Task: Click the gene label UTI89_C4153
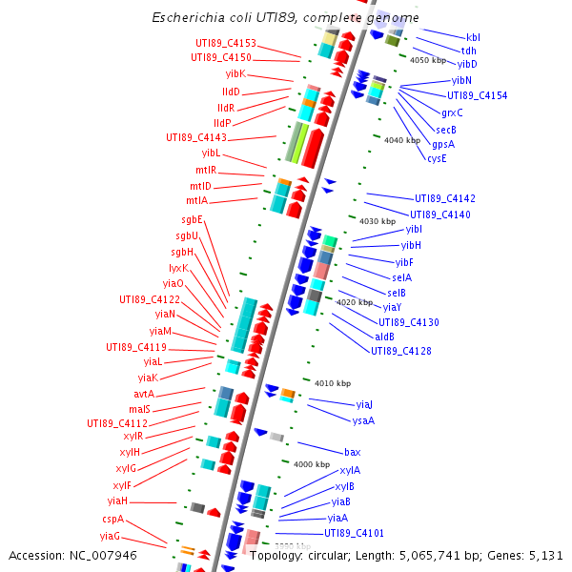(x=226, y=43)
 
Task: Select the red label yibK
(x=235, y=73)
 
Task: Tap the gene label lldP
(x=222, y=123)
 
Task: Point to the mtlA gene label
(x=196, y=201)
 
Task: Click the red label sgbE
(x=188, y=220)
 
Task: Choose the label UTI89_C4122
(x=150, y=298)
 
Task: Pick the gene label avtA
(x=144, y=394)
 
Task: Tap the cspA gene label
(x=113, y=520)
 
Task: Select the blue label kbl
(x=473, y=36)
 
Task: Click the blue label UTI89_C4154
(x=478, y=95)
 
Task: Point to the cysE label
(x=437, y=158)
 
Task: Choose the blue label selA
(x=401, y=277)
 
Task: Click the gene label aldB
(x=384, y=337)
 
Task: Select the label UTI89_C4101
(x=354, y=533)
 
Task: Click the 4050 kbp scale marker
(x=427, y=60)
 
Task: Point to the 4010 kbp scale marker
(x=333, y=383)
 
